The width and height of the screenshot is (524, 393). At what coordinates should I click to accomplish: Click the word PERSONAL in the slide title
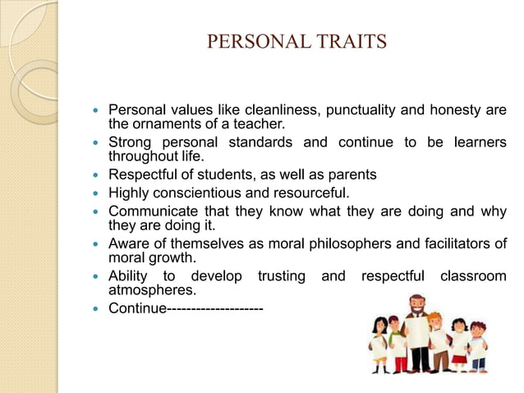tap(256, 41)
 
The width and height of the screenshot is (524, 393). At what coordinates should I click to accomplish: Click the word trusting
tap(283, 276)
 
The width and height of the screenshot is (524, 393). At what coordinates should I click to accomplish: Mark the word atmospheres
tap(153, 290)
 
